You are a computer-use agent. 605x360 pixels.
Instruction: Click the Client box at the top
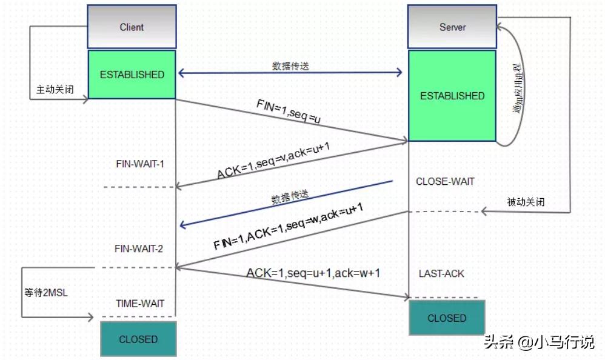132,27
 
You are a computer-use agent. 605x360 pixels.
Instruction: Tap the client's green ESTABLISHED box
132,75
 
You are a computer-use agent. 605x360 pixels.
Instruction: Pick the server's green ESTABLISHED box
452,96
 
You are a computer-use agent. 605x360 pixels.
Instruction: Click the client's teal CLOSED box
138,339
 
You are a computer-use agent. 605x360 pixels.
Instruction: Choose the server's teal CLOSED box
447,318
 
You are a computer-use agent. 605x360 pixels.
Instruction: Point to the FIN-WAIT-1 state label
140,164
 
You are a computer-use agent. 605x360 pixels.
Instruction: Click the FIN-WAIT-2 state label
139,248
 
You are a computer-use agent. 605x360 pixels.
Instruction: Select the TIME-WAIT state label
140,304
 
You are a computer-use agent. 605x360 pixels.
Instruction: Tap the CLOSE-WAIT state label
445,181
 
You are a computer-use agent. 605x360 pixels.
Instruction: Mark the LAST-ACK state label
441,274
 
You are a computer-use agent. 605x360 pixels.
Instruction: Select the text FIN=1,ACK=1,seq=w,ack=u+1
288,228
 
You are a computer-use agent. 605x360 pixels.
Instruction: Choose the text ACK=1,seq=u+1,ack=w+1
313,273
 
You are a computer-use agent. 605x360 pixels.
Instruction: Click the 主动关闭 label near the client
55,89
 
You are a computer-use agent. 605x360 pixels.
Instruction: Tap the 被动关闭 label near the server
526,202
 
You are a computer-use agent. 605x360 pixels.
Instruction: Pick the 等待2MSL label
46,293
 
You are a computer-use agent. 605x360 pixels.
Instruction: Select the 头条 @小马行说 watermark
538,342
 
